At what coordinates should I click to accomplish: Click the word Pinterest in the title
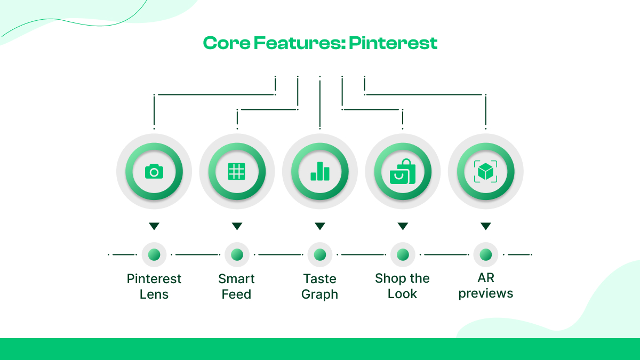click(393, 43)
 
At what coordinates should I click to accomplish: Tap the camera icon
click(154, 172)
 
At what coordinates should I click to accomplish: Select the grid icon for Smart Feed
click(237, 172)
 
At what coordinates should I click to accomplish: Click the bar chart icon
click(320, 172)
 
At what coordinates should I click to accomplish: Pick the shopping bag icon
click(403, 172)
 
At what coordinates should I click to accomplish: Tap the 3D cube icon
click(485, 172)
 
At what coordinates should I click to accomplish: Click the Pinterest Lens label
click(154, 286)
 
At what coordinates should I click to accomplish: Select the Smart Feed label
click(237, 286)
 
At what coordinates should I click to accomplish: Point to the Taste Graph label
click(320, 286)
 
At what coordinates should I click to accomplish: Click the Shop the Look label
click(403, 286)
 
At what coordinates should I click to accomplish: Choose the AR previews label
click(485, 286)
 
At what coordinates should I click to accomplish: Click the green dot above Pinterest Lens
click(154, 255)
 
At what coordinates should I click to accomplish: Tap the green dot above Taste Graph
click(320, 255)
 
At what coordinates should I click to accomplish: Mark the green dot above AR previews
click(485, 255)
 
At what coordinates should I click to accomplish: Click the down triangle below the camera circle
click(154, 226)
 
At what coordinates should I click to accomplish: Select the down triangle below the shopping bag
click(403, 226)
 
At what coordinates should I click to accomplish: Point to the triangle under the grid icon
click(237, 226)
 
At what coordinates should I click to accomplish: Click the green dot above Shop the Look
click(403, 255)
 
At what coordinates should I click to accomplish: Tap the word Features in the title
click(299, 43)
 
